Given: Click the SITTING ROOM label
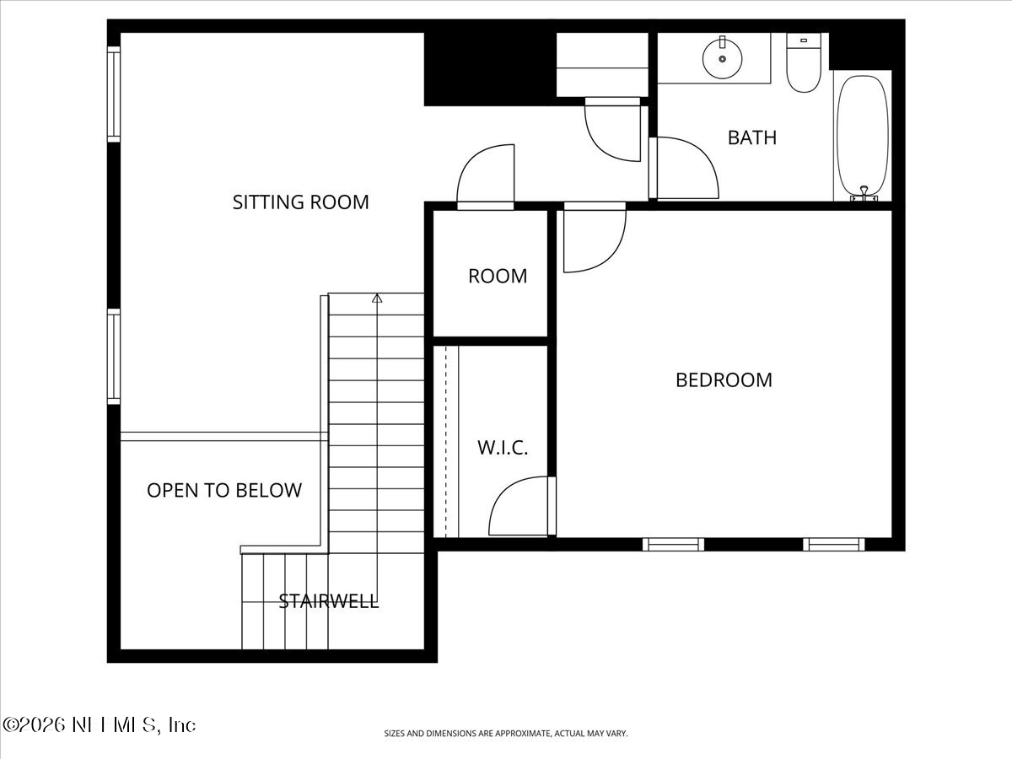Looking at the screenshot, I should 300,202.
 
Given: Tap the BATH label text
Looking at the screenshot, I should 751,137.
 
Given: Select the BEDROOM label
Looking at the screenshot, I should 724,379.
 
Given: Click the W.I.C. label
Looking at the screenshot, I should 503,448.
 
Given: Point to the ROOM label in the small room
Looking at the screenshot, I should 498,276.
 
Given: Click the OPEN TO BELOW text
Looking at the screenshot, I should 223,490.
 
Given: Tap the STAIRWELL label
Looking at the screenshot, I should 328,601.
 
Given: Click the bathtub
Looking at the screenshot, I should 862,135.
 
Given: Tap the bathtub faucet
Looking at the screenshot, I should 864,194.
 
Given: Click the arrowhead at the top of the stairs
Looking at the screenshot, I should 377,298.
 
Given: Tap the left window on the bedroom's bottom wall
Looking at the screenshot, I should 673,545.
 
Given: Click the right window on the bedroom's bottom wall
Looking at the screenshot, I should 833,545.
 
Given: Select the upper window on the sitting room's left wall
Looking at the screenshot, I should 114,93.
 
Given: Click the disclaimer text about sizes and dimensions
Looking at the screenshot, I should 506,734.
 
